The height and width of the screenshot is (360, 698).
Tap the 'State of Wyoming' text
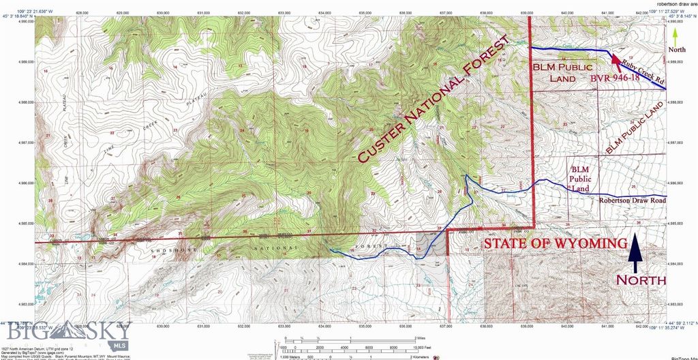(555, 244)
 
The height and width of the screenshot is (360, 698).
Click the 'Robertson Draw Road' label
(631, 200)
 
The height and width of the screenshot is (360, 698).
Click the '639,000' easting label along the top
(526, 12)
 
